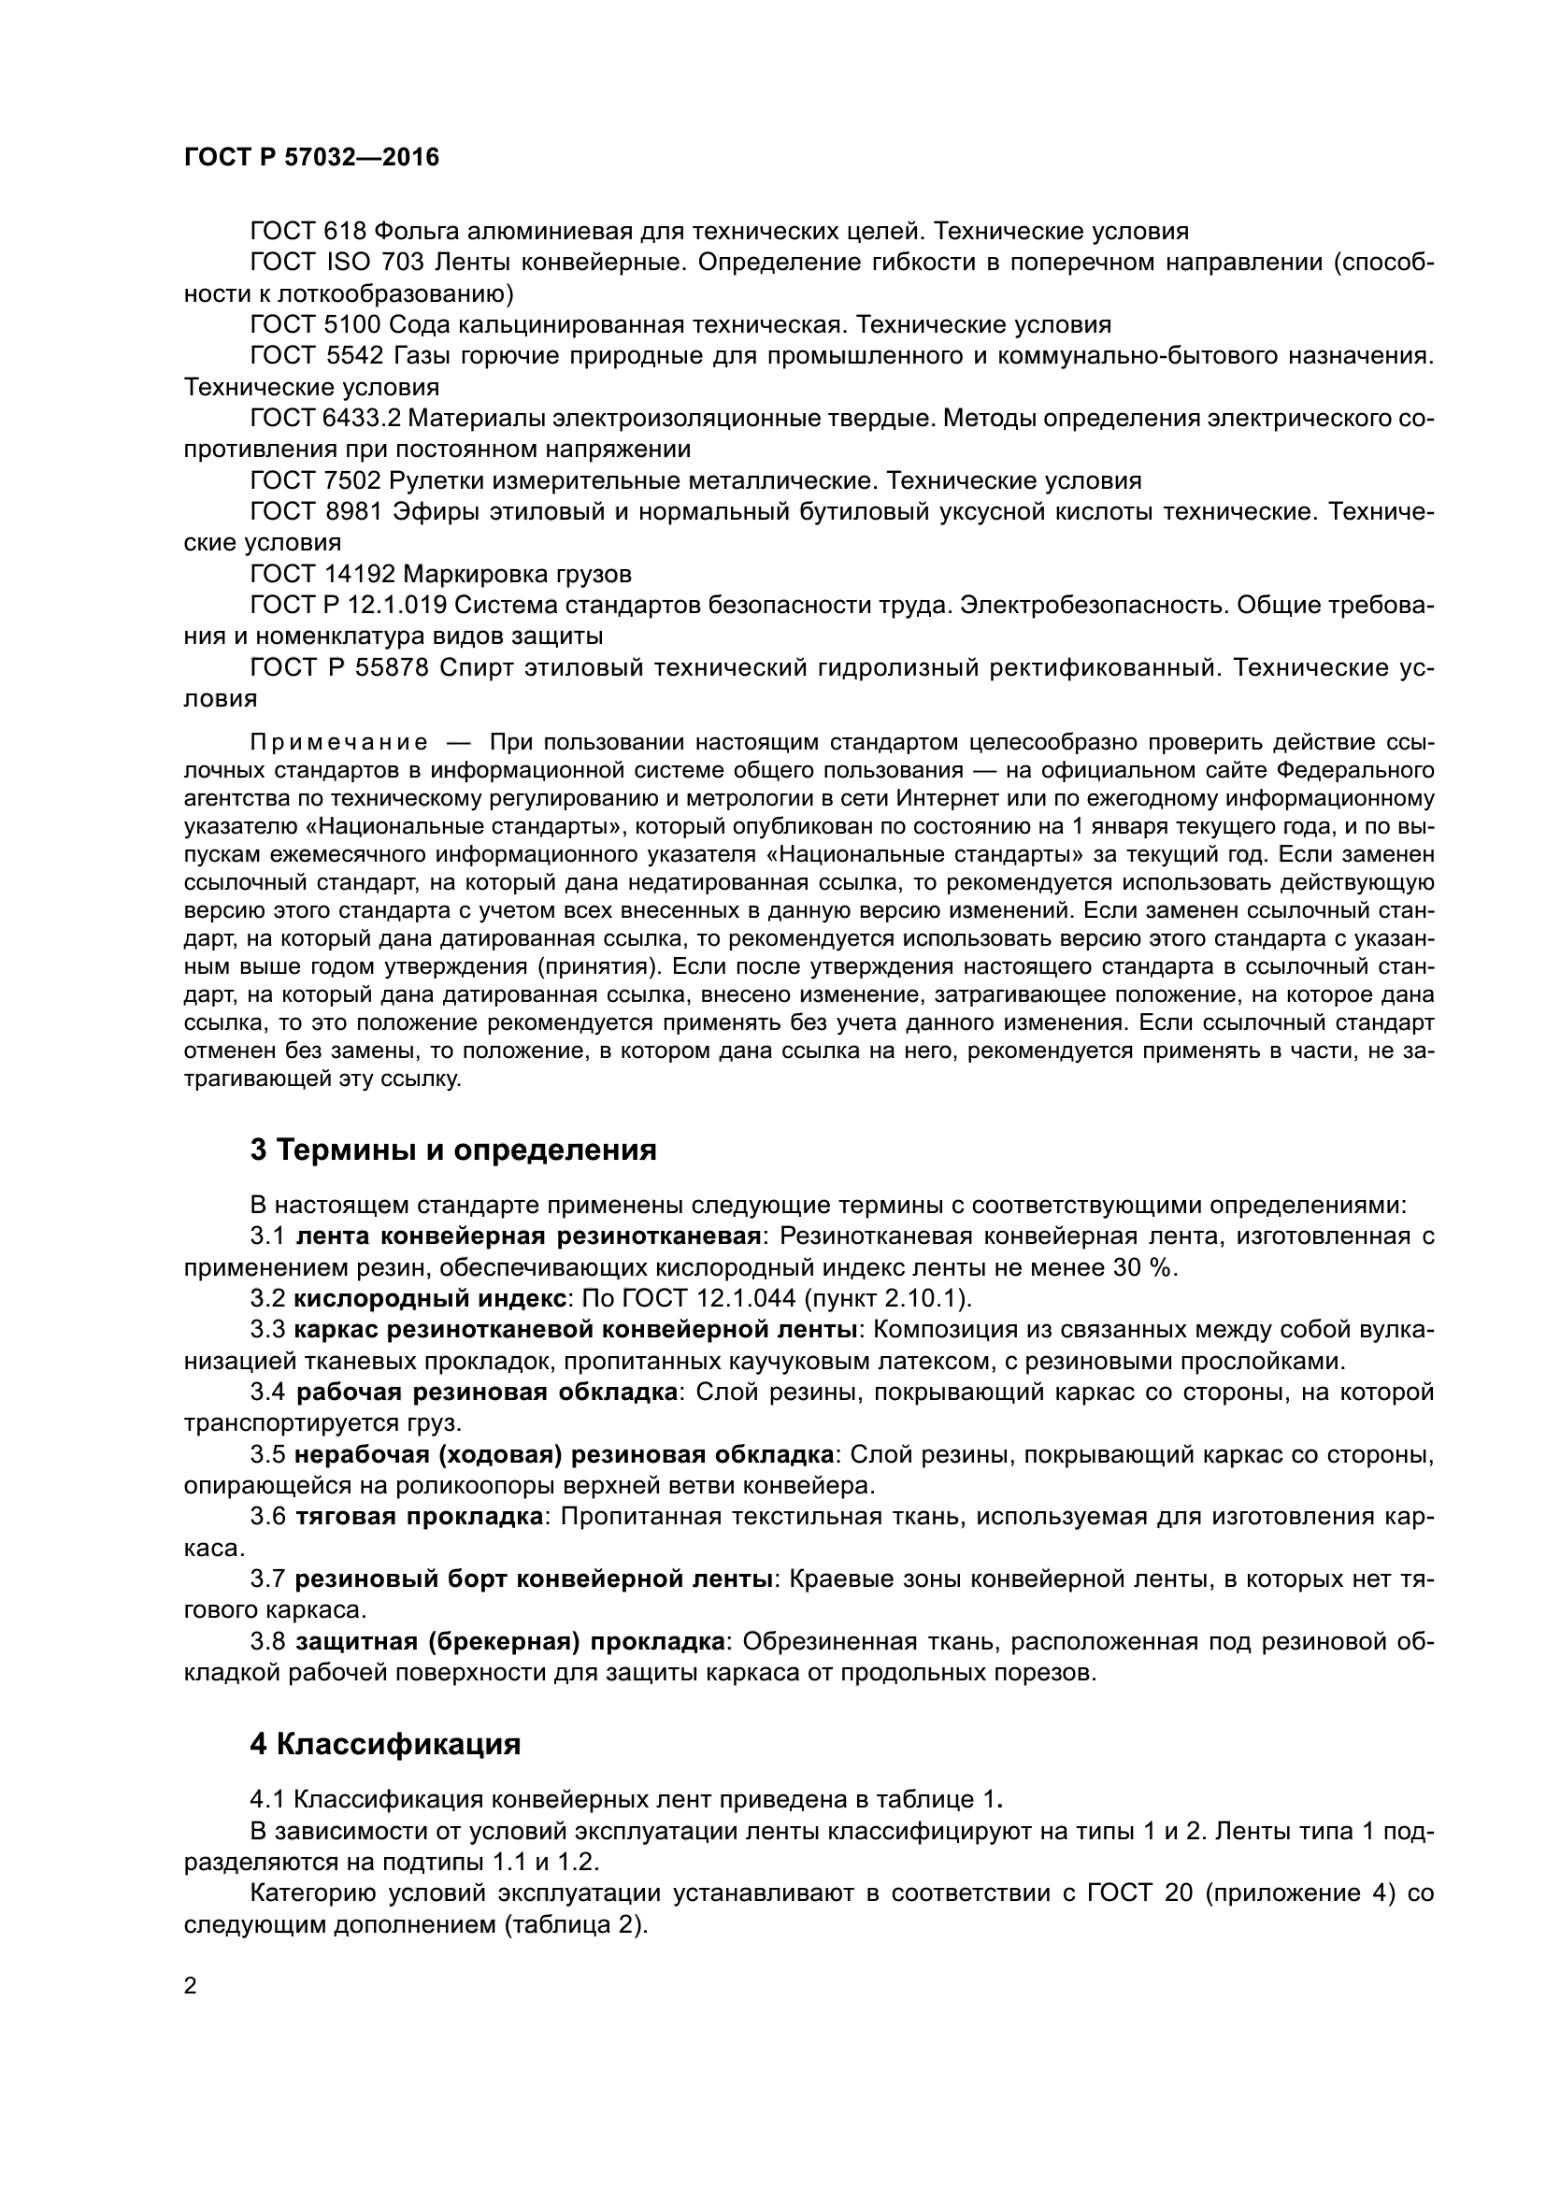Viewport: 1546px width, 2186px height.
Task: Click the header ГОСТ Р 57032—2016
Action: [x=311, y=158]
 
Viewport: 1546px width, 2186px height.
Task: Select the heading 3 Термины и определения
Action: [x=453, y=1150]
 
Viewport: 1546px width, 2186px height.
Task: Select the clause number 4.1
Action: [x=267, y=1799]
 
